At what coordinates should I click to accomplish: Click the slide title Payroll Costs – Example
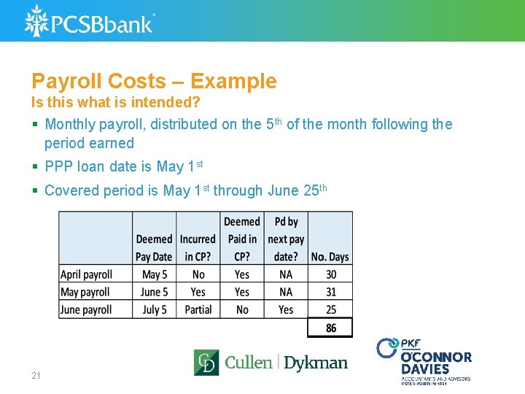point(154,81)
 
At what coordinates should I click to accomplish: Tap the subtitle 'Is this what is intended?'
point(115,102)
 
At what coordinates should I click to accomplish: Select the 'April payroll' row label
point(86,274)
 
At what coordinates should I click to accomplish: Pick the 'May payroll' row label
point(85,292)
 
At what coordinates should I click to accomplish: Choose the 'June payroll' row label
point(86,309)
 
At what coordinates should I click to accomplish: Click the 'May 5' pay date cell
point(154,274)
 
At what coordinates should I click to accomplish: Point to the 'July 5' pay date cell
point(154,309)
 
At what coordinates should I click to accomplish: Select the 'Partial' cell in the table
point(198,309)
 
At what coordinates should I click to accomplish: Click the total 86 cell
point(330,328)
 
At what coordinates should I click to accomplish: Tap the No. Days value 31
point(330,292)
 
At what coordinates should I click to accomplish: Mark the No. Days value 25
point(330,309)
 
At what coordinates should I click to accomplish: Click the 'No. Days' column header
point(330,257)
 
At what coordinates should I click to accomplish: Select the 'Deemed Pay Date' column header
point(154,247)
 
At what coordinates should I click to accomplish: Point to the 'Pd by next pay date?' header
point(286,239)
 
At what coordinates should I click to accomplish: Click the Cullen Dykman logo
point(271,363)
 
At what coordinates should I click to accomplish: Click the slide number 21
point(36,376)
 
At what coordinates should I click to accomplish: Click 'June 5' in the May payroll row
point(154,292)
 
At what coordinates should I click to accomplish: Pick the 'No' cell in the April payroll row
point(198,274)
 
